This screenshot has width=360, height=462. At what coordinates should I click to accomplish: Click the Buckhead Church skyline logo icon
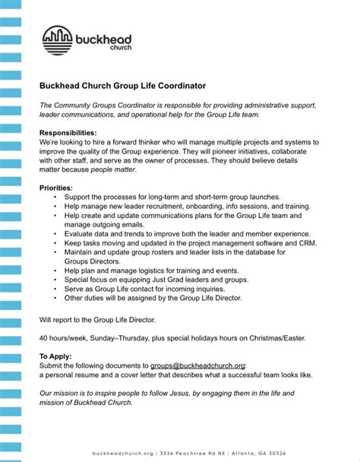pyautogui.click(x=57, y=40)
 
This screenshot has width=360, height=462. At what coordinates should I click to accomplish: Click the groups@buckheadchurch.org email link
pyautogui.click(x=197, y=365)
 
